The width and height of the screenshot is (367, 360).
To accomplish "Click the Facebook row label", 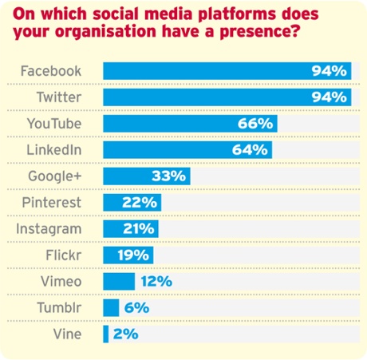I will coord(50,71).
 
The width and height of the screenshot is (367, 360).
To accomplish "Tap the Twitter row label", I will coord(58,97).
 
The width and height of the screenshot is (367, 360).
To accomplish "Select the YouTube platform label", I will coord(54,124).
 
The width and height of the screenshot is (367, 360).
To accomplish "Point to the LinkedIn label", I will coord(56,150).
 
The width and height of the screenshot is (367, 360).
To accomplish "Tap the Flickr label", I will coord(64,255).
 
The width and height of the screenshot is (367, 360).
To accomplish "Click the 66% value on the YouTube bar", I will coord(255,124).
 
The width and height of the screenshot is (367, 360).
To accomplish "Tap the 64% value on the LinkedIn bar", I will coord(251,150).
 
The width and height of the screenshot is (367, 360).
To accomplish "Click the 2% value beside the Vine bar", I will coord(125,334).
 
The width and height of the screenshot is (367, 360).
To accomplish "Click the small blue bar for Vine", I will coord(105,334).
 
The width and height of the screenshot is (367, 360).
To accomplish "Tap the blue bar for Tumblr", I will coord(111,308).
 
